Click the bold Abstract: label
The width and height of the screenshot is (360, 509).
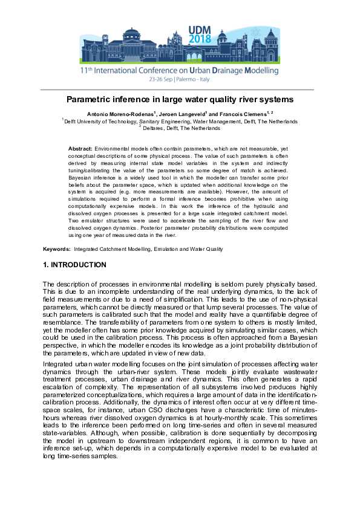pyautogui.click(x=80, y=148)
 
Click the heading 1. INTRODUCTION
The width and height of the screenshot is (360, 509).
pyautogui.click(x=74, y=265)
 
